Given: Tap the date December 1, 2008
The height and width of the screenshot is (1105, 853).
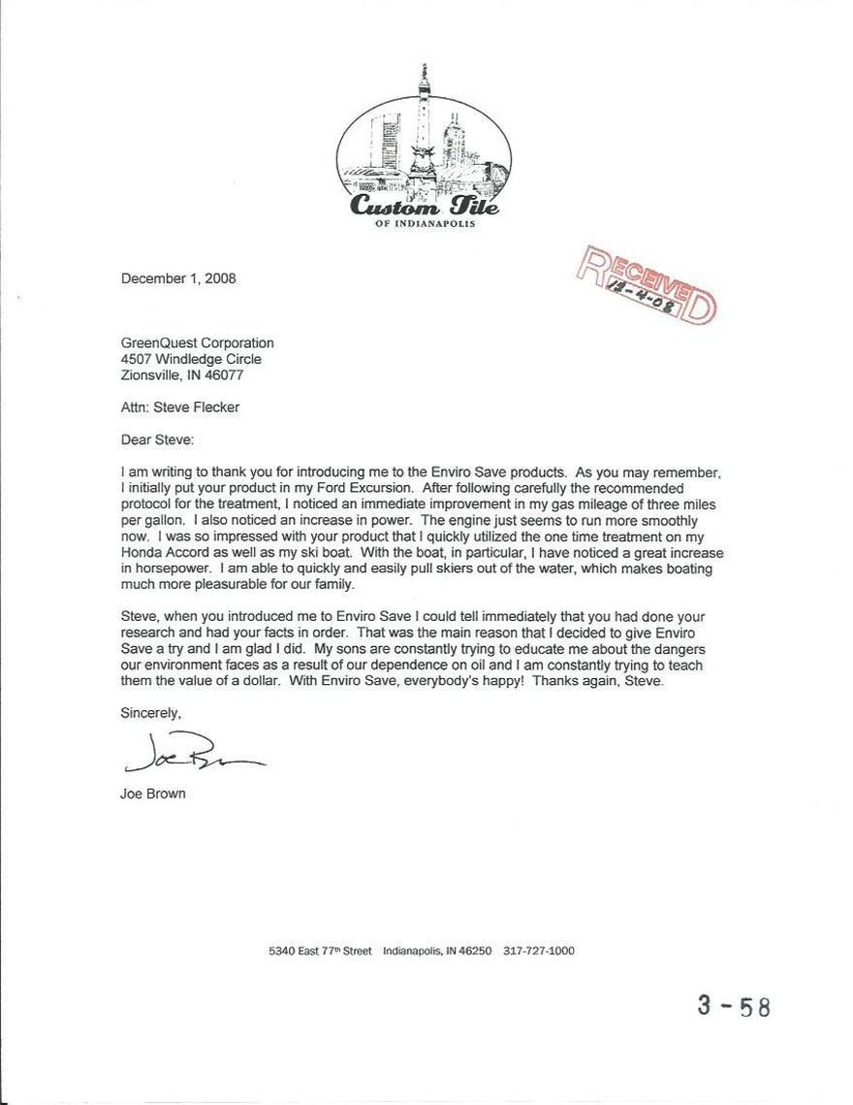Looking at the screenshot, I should (x=178, y=278).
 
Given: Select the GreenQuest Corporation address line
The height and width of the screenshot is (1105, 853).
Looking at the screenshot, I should (x=197, y=342).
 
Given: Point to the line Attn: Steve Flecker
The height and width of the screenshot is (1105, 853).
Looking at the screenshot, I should (x=179, y=407).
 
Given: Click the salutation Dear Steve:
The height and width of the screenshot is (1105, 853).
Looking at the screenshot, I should (x=157, y=439).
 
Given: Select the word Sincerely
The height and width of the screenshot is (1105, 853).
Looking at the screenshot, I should (x=150, y=713).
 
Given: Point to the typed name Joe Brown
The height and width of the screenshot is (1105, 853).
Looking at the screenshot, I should (x=153, y=794).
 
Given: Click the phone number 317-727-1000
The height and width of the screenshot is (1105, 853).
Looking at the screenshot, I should (x=539, y=952).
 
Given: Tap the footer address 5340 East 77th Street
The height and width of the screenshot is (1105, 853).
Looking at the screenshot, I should (x=320, y=952).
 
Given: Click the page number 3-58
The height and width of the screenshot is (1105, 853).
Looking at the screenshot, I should (x=734, y=1005).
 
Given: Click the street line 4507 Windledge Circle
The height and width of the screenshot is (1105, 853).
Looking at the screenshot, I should (x=190, y=359).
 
